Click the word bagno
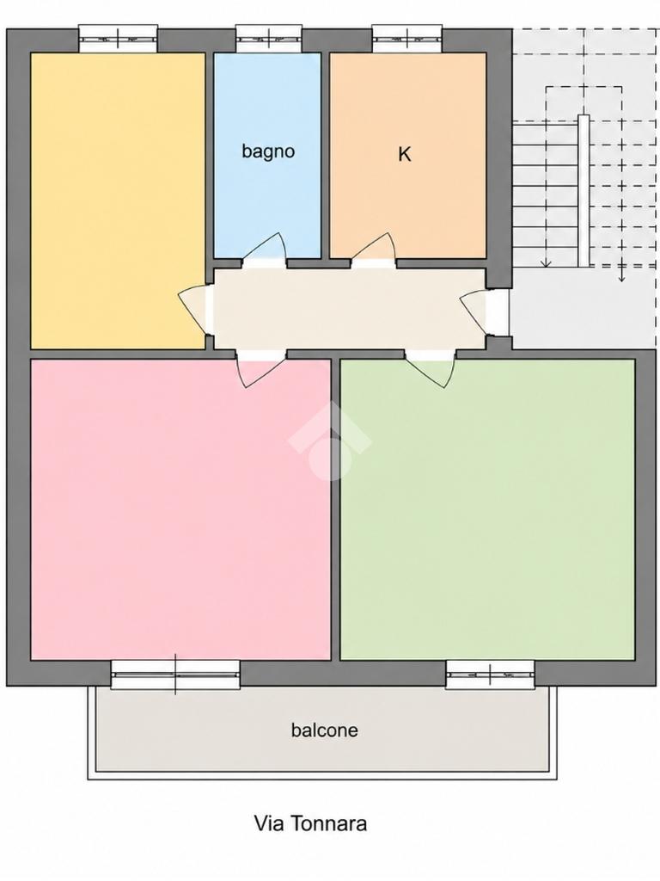point(268,151)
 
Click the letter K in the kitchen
point(404,154)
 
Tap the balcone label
point(324,730)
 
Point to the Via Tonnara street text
point(311,823)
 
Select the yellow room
point(118,200)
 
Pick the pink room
point(180,509)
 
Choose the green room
point(487,509)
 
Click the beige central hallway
point(349,309)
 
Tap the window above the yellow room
point(118,39)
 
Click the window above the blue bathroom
point(269,39)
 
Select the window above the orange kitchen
point(407,39)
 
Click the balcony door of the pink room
point(175,675)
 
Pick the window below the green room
point(490,675)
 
